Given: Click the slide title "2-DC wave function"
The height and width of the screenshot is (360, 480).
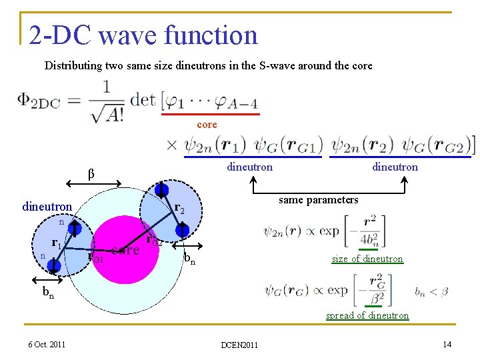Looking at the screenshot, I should coord(143,35).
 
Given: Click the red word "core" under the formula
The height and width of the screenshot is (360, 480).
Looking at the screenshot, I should coord(207,125).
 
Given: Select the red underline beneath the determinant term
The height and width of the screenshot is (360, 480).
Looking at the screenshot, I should coord(214,114).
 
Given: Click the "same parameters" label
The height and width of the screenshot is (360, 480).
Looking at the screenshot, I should coord(318,200).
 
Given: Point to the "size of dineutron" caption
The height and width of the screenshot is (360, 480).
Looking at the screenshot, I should coord(367,259).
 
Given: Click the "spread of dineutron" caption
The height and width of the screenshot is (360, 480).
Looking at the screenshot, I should coord(367,315).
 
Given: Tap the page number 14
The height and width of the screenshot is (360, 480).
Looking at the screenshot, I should coord(447,344).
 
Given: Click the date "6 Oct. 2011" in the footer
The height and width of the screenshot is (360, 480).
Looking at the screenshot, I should coord(47,344).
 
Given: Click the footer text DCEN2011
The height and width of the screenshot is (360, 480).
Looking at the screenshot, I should coord(239,345).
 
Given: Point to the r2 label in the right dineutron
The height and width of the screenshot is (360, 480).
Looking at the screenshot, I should coord(179,209).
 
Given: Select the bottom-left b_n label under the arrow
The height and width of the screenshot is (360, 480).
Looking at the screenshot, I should coord(49,291).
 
